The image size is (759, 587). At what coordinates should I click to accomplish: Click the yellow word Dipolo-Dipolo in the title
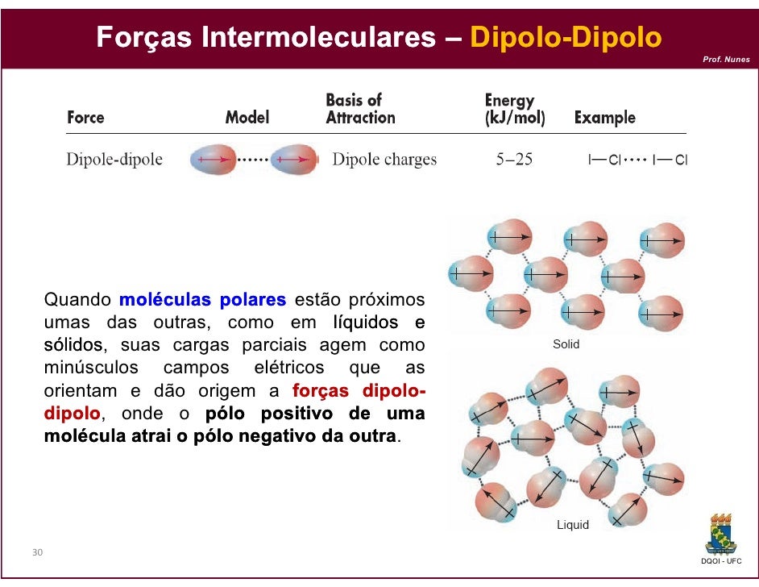[565, 37]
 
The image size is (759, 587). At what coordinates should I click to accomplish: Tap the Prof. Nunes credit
[725, 60]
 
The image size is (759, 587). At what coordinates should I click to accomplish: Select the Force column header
[85, 118]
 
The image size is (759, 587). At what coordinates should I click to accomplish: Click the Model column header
[247, 118]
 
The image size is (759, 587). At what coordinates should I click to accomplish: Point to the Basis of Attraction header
[360, 109]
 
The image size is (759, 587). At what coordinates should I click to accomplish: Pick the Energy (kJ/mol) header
[515, 110]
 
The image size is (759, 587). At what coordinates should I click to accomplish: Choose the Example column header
[604, 118]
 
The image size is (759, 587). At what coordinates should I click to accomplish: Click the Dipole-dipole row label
[114, 160]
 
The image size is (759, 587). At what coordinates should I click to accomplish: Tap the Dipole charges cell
[384, 160]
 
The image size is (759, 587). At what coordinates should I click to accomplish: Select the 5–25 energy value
[514, 160]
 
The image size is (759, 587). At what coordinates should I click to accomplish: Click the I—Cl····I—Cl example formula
[637, 160]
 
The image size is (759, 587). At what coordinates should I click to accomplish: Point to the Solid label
[566, 344]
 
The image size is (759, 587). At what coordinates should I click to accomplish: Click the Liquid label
[573, 525]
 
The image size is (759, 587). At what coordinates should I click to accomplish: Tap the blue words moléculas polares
[202, 301]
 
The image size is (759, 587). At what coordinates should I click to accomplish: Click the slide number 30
[37, 552]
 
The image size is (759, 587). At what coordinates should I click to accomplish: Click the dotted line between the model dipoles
[254, 160]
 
